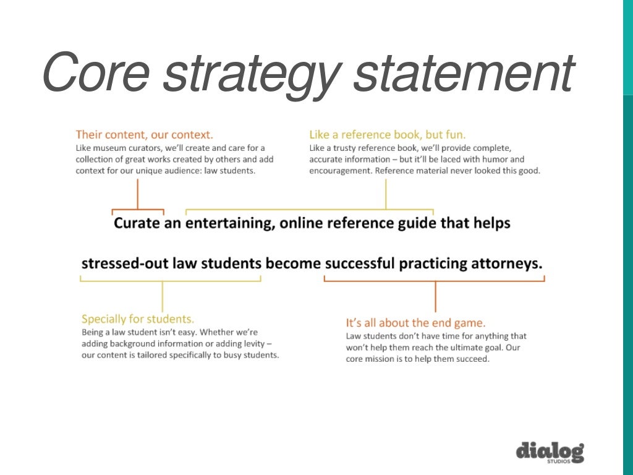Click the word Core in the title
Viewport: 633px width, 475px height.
[x=96, y=74]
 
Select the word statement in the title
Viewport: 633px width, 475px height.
[x=466, y=74]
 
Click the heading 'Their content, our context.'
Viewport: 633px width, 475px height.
[x=145, y=134]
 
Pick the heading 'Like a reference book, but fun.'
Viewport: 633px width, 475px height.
[x=388, y=134]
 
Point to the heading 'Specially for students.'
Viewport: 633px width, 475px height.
[x=138, y=319]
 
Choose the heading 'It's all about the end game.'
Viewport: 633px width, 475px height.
[x=415, y=322]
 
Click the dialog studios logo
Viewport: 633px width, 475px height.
[x=550, y=452]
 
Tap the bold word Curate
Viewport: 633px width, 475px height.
[x=137, y=223]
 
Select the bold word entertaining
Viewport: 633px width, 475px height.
[x=229, y=223]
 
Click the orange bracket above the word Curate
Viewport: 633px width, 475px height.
[x=137, y=210]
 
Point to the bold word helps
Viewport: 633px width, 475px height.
[x=492, y=223]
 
